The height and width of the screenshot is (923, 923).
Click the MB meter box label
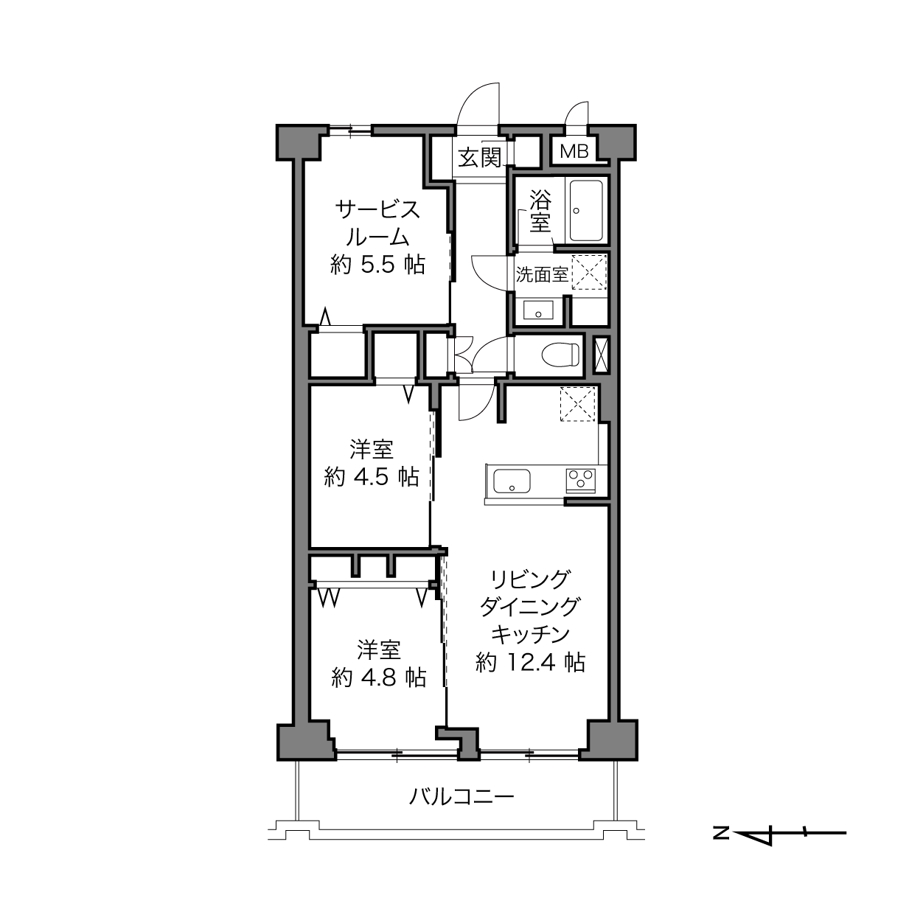(x=574, y=152)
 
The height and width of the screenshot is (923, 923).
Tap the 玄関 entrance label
(x=479, y=157)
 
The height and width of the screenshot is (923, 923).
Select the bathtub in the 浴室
(x=585, y=211)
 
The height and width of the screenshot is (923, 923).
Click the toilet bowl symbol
(x=560, y=355)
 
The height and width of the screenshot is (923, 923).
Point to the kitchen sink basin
(x=512, y=481)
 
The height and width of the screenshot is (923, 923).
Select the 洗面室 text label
(x=542, y=274)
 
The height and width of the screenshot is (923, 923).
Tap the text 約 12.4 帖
(x=530, y=663)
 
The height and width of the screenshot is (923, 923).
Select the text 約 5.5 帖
(x=378, y=264)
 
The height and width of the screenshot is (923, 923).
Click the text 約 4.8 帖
(x=378, y=678)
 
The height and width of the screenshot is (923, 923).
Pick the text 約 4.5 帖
(x=372, y=476)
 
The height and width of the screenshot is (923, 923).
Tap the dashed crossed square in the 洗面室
(x=589, y=272)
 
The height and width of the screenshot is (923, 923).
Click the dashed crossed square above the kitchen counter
(x=578, y=404)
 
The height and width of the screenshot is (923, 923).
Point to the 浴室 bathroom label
(x=540, y=212)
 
